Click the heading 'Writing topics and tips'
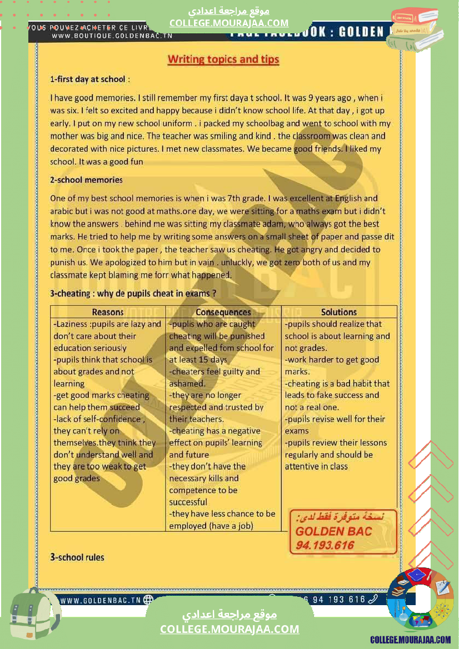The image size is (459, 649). pyautogui.click(x=223, y=59)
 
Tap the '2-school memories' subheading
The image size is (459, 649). pyautogui.click(x=86, y=180)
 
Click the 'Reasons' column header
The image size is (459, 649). pyautogui.click(x=108, y=312)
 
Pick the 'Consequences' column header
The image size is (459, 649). pyautogui.click(x=223, y=312)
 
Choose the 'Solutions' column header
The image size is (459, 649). pyautogui.click(x=339, y=312)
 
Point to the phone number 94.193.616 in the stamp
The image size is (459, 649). pyautogui.click(x=325, y=545)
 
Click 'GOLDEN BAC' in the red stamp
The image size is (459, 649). pyautogui.click(x=334, y=531)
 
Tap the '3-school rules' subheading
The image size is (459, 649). pyautogui.click(x=77, y=557)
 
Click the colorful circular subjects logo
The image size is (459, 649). pyautogui.click(x=420, y=599)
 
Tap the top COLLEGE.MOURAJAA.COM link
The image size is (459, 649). pyautogui.click(x=229, y=23)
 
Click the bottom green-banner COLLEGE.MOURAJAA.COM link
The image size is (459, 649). pyautogui.click(x=229, y=629)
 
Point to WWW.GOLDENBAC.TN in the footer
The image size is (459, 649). pyautogui.click(x=100, y=600)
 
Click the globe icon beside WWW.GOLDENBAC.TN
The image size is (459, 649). pyautogui.click(x=148, y=600)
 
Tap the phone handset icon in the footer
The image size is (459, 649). pyautogui.click(x=373, y=599)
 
